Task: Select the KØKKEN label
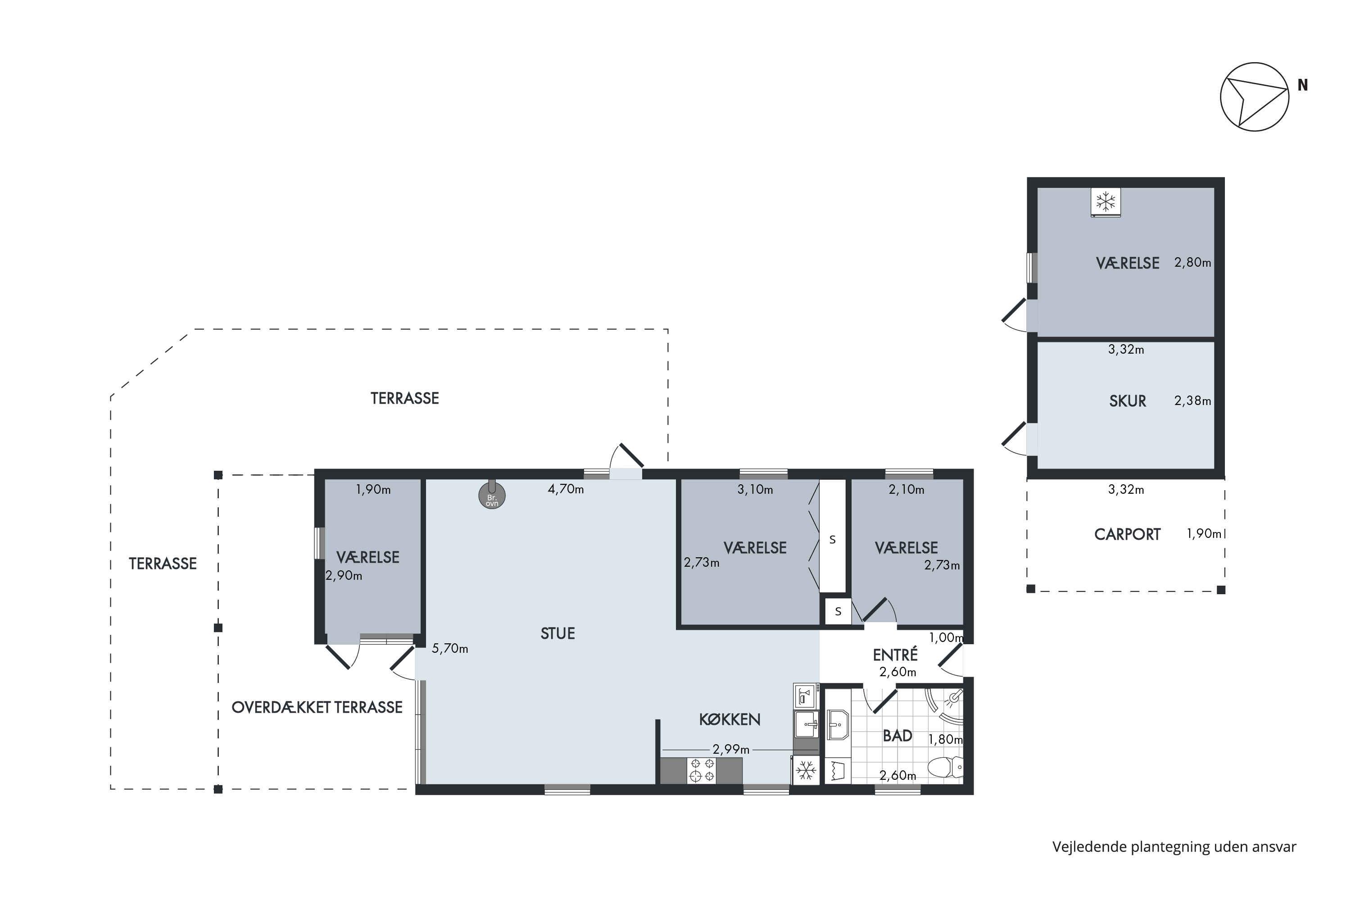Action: [x=730, y=719]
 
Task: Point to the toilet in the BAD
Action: [x=945, y=767]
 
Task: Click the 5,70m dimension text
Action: [x=450, y=648]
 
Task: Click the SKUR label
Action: [x=1128, y=401]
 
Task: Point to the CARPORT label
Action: [x=1127, y=534]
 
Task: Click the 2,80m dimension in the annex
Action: [x=1192, y=263]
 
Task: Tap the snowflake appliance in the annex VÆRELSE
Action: [x=1106, y=202]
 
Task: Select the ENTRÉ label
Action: [x=895, y=655]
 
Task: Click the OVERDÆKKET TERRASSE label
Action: [x=317, y=707]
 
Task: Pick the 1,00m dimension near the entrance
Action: [x=945, y=637]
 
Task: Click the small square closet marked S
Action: [x=838, y=611]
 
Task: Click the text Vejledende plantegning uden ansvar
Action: [x=1174, y=847]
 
